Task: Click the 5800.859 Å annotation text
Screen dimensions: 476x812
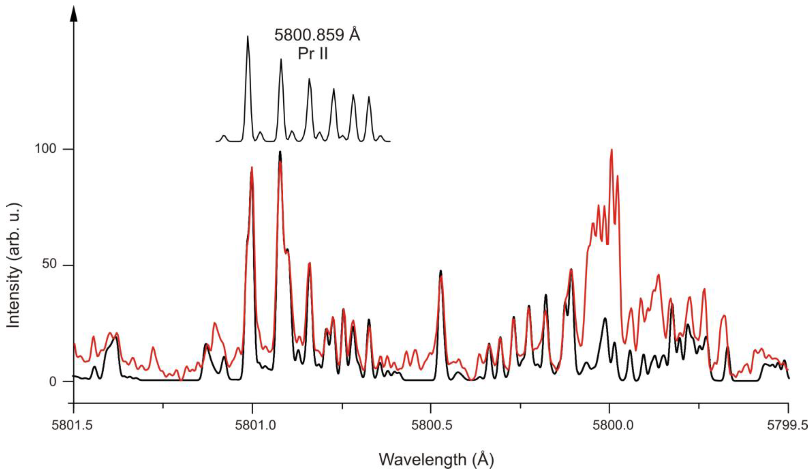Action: pos(317,35)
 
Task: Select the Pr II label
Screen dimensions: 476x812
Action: pos(313,54)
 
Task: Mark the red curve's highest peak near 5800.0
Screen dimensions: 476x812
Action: pos(611,150)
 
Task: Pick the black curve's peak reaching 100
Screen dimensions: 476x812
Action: pos(280,151)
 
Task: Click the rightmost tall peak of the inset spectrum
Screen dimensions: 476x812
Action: pos(369,97)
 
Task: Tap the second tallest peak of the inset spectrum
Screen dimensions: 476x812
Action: pos(281,60)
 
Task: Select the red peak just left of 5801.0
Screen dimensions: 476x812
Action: pos(252,168)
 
